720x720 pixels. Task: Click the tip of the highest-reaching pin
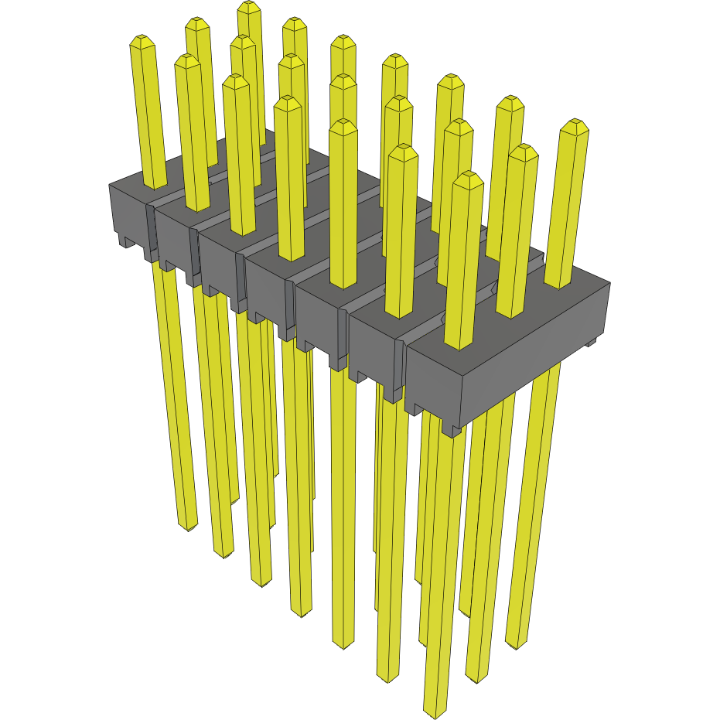coord(248,5)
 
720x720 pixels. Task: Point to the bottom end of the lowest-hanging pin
coord(435,711)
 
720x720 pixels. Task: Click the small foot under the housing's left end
coord(125,241)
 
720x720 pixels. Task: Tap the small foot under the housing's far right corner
coord(592,341)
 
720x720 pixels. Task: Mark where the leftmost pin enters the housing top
coord(155,185)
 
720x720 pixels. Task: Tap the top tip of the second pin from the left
coord(186,59)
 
